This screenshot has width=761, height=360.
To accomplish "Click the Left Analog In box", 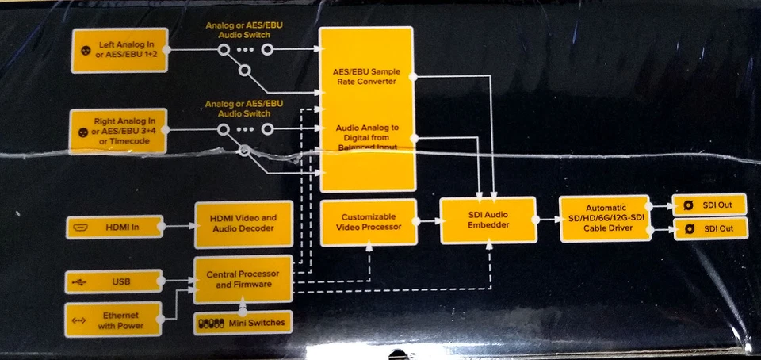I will point(119,50).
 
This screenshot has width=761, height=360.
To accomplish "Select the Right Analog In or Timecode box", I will point(119,132).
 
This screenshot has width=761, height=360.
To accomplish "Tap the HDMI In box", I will point(114,227).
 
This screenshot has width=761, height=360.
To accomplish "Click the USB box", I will point(114,281).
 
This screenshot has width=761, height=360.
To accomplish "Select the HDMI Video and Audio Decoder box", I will point(243,224).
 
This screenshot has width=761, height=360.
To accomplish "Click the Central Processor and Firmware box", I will point(243,279).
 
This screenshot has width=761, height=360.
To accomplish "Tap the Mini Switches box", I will point(243,323).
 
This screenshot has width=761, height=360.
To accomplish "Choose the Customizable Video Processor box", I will point(369,222).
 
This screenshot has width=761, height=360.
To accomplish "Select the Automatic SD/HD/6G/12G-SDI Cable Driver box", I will point(605,218).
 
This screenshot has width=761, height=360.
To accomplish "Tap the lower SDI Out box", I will point(709,230).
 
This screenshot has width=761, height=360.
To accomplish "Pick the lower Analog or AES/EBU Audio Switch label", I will point(244,108).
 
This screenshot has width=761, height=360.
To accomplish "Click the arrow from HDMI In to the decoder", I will point(179,227).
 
